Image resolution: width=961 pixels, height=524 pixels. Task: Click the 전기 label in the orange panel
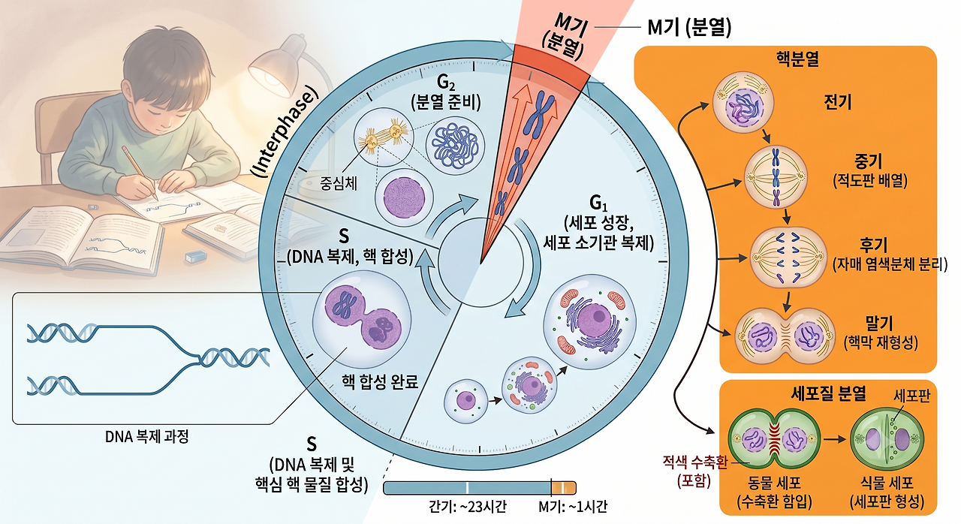pos(837,102)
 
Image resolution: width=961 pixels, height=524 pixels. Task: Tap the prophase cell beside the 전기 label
pos(743,102)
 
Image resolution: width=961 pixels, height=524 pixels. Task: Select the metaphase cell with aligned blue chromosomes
pos(776,177)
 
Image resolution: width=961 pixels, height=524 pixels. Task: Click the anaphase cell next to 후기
pos(788,257)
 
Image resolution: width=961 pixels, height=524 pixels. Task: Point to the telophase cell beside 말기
pos(785,336)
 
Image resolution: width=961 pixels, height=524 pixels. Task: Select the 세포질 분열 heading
pos(828,393)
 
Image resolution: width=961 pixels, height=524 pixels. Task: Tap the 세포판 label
pos(911,396)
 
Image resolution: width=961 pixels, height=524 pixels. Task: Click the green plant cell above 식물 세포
pos(887,439)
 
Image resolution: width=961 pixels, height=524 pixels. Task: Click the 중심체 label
pos(339,183)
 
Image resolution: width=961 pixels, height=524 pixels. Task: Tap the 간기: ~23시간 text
pos(468,507)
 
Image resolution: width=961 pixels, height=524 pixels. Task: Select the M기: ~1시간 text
pos(573,507)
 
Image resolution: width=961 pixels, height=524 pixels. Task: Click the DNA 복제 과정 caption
pos(147,437)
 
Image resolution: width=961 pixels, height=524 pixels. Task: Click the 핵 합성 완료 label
pos(380,381)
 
